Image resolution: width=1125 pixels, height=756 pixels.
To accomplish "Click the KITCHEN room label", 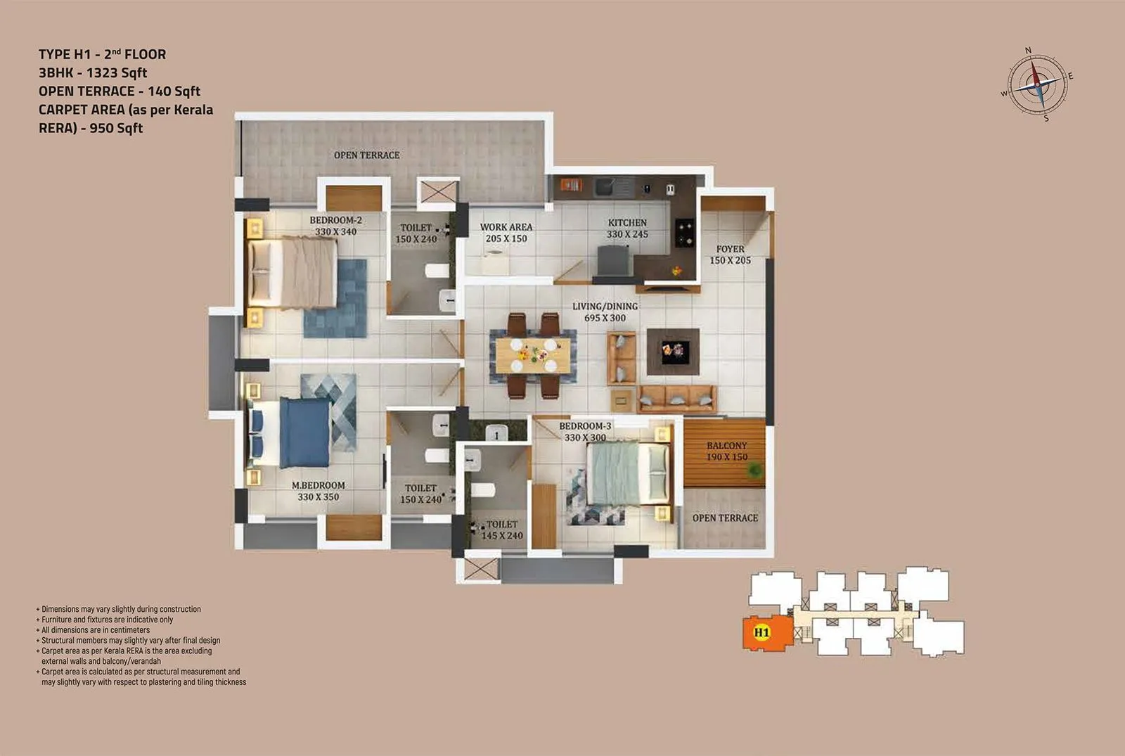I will pyautogui.click(x=627, y=223).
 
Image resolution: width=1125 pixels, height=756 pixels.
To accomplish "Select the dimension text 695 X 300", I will pyautogui.click(x=605, y=318).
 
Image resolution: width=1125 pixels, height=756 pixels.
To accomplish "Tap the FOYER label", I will pyautogui.click(x=730, y=249).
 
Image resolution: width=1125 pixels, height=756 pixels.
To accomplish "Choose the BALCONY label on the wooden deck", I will pyautogui.click(x=726, y=446).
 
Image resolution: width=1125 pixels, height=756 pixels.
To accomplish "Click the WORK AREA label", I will pyautogui.click(x=506, y=227).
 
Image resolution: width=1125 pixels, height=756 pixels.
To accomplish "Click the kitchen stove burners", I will pyautogui.click(x=684, y=231).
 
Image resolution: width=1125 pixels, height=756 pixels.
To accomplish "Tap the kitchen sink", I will pyautogui.click(x=605, y=187).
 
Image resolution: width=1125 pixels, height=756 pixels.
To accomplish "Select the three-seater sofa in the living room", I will pyautogui.click(x=677, y=399).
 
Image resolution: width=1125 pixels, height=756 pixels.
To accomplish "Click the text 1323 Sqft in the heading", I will pyautogui.click(x=117, y=73).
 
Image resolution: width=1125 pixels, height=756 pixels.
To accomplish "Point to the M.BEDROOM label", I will pyautogui.click(x=319, y=485).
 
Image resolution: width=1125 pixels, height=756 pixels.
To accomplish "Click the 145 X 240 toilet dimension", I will pyautogui.click(x=502, y=536).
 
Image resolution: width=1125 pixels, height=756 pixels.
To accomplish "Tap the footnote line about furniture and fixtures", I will pyautogui.click(x=107, y=620).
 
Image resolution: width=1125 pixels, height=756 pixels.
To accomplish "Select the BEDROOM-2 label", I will pyautogui.click(x=335, y=220).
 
